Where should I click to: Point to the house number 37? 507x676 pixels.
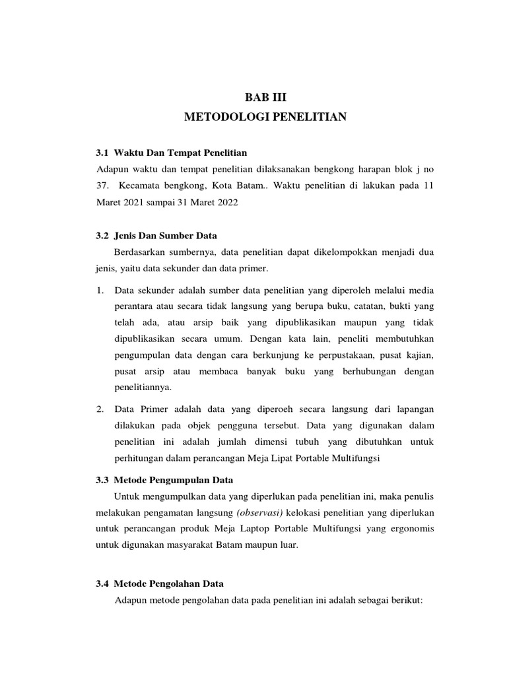click(102, 186)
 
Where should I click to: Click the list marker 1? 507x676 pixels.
click(100, 290)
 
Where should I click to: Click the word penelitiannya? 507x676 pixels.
click(143, 388)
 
